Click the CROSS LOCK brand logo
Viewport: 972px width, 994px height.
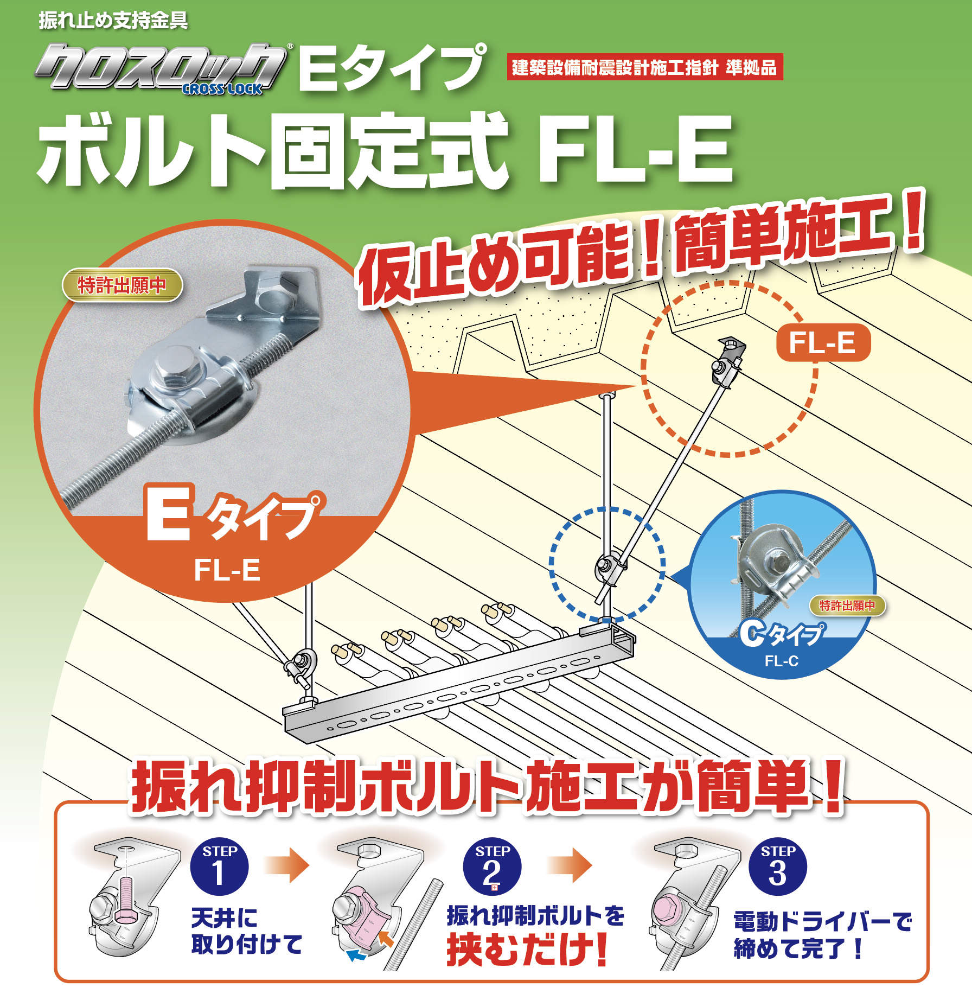pyautogui.click(x=162, y=69)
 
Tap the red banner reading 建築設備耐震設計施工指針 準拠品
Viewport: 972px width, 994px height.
pyautogui.click(x=645, y=68)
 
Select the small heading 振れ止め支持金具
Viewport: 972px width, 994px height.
pyautogui.click(x=113, y=21)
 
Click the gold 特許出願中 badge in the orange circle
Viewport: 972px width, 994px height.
pyautogui.click(x=122, y=285)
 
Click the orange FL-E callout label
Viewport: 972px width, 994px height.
pyautogui.click(x=823, y=343)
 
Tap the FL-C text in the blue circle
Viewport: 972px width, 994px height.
pyautogui.click(x=782, y=661)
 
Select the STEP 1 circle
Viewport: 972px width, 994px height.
pyautogui.click(x=219, y=866)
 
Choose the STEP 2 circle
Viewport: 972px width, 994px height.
pyautogui.click(x=492, y=866)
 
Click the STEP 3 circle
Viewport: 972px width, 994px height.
pyautogui.click(x=777, y=866)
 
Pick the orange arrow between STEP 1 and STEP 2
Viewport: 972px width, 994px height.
pyautogui.click(x=287, y=865)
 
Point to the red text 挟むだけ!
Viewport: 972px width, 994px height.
pyautogui.click(x=527, y=951)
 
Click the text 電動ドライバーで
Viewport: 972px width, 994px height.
pyautogui.click(x=823, y=922)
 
